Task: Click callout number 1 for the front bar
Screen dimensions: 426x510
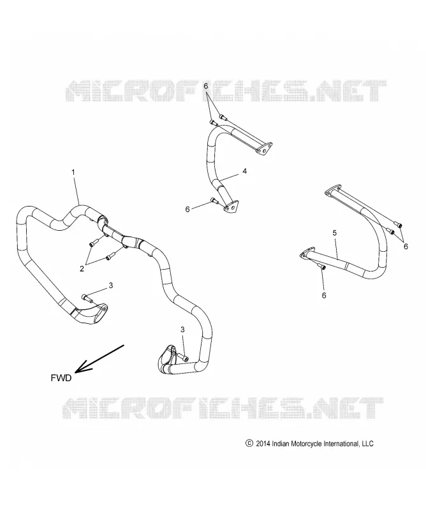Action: pos(73,172)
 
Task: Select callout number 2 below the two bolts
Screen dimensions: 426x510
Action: pos(82,268)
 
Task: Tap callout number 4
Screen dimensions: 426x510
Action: pos(244,171)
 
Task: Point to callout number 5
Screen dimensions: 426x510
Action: pos(335,233)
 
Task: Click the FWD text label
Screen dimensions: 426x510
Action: pos(61,378)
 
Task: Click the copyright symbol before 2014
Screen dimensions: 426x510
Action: pos(249,443)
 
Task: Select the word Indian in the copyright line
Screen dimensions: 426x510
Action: pos(280,443)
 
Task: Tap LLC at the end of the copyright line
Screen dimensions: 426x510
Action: pos(367,443)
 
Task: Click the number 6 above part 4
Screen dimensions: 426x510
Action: pos(206,86)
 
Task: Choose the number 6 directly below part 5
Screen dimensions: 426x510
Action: pos(324,295)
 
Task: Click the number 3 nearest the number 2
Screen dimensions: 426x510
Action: pos(111,285)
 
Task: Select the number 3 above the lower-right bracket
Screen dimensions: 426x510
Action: pos(182,330)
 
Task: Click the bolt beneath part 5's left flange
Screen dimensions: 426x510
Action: pos(322,266)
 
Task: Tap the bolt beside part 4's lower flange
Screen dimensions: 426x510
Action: pos(214,200)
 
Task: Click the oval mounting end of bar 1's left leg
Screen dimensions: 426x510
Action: pos(101,312)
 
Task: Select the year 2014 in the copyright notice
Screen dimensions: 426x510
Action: pos(263,443)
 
